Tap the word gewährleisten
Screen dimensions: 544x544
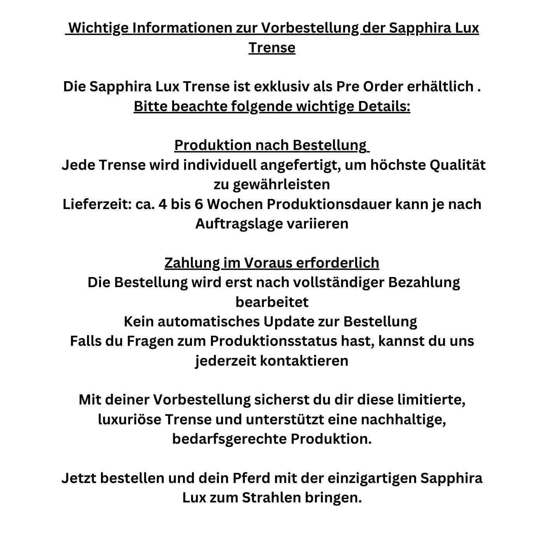coord(281,184)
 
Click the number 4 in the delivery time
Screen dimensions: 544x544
coord(162,204)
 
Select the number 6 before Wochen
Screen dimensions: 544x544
coord(199,204)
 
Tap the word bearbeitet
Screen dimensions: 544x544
coord(272,302)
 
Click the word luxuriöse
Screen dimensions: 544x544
coord(129,419)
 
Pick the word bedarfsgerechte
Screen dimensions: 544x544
coord(229,439)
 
